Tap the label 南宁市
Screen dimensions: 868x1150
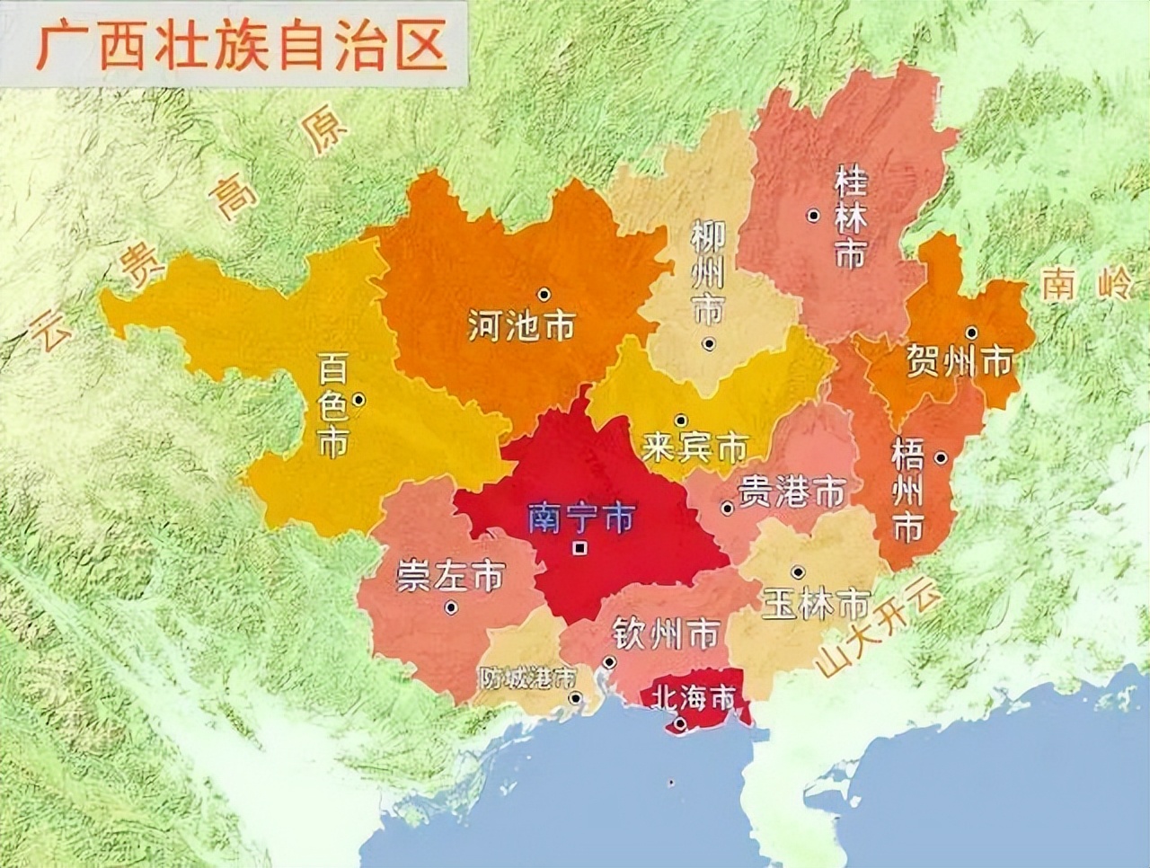pyautogui.click(x=581, y=518)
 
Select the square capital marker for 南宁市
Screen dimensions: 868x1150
pyautogui.click(x=581, y=547)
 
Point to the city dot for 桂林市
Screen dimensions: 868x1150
pyautogui.click(x=812, y=215)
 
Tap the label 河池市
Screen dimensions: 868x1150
pyautogui.click(x=521, y=325)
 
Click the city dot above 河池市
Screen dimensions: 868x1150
pyautogui.click(x=544, y=294)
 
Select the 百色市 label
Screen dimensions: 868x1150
pyautogui.click(x=333, y=405)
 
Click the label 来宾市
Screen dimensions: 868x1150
pyautogui.click(x=695, y=447)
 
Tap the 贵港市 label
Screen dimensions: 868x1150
pyautogui.click(x=792, y=492)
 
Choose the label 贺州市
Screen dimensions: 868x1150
pyautogui.click(x=959, y=362)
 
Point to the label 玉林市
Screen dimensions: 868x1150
pyautogui.click(x=816, y=603)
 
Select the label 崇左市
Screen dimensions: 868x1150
pyautogui.click(x=450, y=577)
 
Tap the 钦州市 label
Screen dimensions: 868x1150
pyautogui.click(x=665, y=634)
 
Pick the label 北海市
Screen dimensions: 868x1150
pyautogui.click(x=694, y=696)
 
